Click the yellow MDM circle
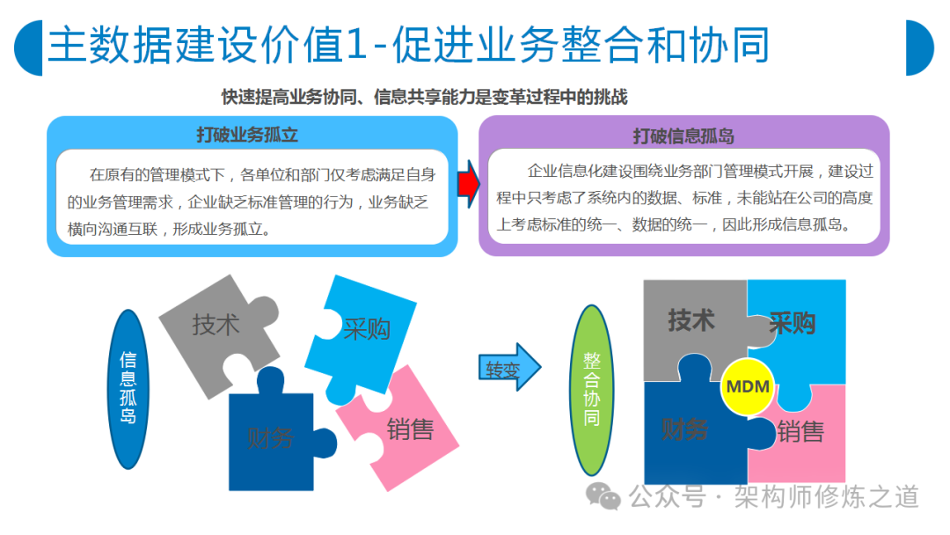pyautogui.click(x=748, y=386)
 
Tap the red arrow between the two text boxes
pyautogui.click(x=468, y=184)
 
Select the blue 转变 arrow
pyautogui.click(x=509, y=367)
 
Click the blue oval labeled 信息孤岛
pyautogui.click(x=128, y=389)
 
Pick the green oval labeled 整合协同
pyautogui.click(x=592, y=390)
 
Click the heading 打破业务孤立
pyautogui.click(x=247, y=135)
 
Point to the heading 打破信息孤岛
pyautogui.click(x=683, y=136)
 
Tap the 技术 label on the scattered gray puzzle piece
pyautogui.click(x=216, y=325)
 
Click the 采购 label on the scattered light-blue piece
pyautogui.click(x=367, y=329)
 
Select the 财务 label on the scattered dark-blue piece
pyautogui.click(x=270, y=438)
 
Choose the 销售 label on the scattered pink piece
pyautogui.click(x=410, y=429)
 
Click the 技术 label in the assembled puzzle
pyautogui.click(x=691, y=320)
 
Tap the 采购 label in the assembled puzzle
pyautogui.click(x=792, y=323)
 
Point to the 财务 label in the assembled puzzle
pyautogui.click(x=684, y=429)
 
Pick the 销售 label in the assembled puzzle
pyautogui.click(x=800, y=432)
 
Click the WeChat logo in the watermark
pyautogui.click(x=603, y=496)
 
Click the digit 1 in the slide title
pyautogui.click(x=357, y=46)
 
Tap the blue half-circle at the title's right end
pyautogui.click(x=919, y=48)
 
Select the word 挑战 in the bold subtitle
pyautogui.click(x=610, y=97)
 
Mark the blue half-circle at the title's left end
pyautogui.click(x=28, y=48)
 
